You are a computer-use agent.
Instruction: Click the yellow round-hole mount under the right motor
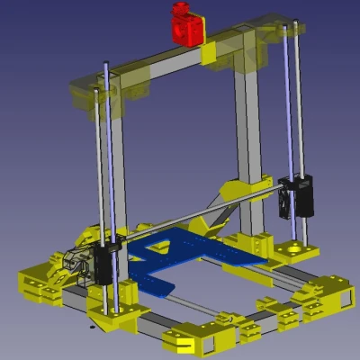click(x=294, y=248)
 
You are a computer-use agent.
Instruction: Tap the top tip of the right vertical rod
click(x=287, y=28)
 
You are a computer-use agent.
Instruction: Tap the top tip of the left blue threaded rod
click(x=107, y=63)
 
